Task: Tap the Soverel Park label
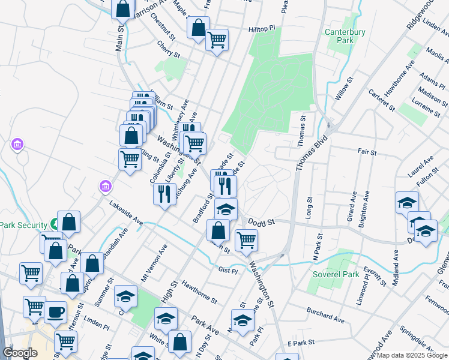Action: pos(336,275)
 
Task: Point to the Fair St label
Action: pos(366,153)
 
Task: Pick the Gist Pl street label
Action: pos(228,271)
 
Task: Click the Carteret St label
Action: pos(382,100)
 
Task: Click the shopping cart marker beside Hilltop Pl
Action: pos(217,40)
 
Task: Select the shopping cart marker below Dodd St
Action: pos(246,240)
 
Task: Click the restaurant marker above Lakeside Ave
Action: pos(163,194)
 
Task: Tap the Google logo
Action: pos(19,353)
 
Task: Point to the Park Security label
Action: pos(24,226)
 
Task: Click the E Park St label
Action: pos(301,343)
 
